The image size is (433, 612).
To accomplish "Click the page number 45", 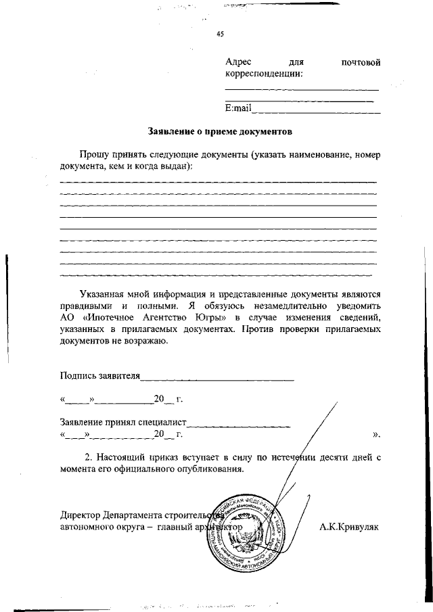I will [220, 34].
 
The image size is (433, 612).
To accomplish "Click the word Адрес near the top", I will [238, 62].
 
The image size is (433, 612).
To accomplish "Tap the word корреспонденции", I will [263, 73].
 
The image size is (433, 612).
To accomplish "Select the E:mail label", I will [238, 108].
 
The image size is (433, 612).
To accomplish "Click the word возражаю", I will [144, 340].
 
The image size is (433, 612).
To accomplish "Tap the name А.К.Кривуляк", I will [349, 525].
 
